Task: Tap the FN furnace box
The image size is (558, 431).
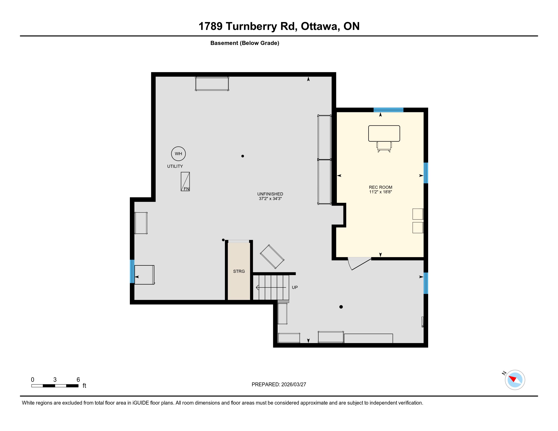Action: pyautogui.click(x=185, y=182)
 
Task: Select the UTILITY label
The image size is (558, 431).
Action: pyautogui.click(x=175, y=166)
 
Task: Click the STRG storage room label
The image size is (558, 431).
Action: pyautogui.click(x=239, y=271)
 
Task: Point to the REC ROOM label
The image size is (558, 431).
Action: pyautogui.click(x=380, y=187)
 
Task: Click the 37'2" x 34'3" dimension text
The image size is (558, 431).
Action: pyautogui.click(x=270, y=199)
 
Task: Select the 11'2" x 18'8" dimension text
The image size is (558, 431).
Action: pyautogui.click(x=380, y=192)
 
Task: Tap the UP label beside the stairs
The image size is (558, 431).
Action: pyautogui.click(x=295, y=287)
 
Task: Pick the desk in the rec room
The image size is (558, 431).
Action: pyautogui.click(x=384, y=133)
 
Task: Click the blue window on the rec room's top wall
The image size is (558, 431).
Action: pyautogui.click(x=388, y=110)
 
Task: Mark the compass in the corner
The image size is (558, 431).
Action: pyautogui.click(x=515, y=380)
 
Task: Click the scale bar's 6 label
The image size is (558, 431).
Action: pyautogui.click(x=78, y=380)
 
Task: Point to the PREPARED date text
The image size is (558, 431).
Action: pyautogui.click(x=279, y=384)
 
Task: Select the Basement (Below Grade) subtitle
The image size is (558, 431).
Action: pyautogui.click(x=245, y=43)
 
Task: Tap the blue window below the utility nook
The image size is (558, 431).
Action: pyautogui.click(x=132, y=272)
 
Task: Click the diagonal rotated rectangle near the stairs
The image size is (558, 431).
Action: pyautogui.click(x=272, y=257)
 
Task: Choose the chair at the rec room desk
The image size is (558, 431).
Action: pyautogui.click(x=384, y=147)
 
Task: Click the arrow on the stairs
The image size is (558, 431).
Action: pyautogui.click(x=271, y=288)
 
